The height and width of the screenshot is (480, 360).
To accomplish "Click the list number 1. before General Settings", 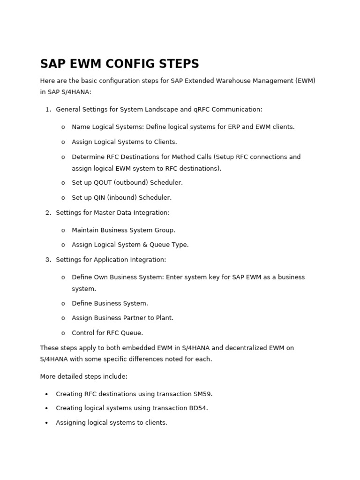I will (48, 109).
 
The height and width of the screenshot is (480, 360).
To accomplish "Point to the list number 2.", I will (48, 212).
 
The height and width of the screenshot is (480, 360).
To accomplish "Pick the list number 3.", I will (48, 259).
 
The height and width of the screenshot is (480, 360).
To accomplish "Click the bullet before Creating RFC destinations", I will (46, 394).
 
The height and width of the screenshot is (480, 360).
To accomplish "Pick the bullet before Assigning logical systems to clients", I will (46, 423).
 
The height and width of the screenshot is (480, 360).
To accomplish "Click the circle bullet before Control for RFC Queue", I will (63, 333).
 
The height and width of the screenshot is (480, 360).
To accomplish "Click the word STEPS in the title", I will (180, 64).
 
